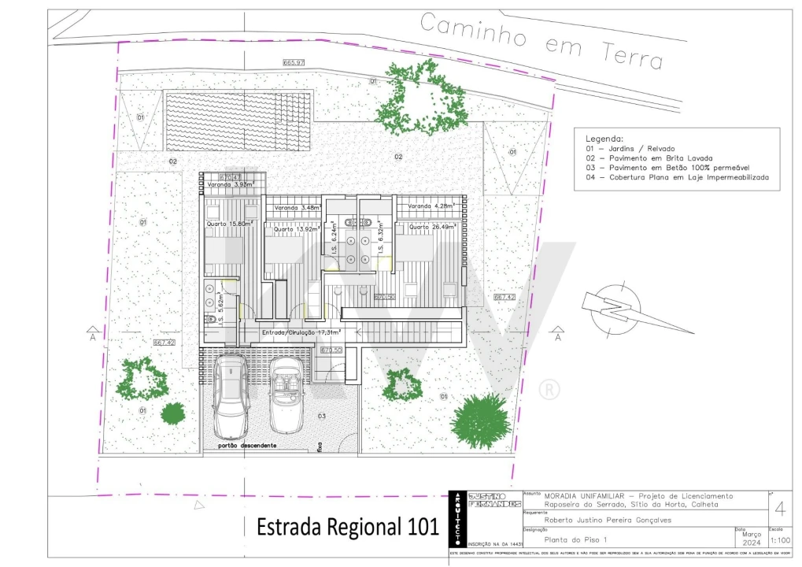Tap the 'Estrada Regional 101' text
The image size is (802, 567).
[x=347, y=527]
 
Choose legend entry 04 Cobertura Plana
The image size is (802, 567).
[x=677, y=178]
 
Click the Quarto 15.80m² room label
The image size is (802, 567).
[x=229, y=224]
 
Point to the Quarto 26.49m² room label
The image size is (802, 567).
[x=432, y=227]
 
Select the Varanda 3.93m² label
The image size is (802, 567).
[x=230, y=185]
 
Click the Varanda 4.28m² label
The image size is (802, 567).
[x=431, y=206]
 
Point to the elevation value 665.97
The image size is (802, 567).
[x=294, y=62]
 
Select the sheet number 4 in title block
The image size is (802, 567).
[x=779, y=508]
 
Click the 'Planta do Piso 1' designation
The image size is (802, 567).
[x=576, y=539]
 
